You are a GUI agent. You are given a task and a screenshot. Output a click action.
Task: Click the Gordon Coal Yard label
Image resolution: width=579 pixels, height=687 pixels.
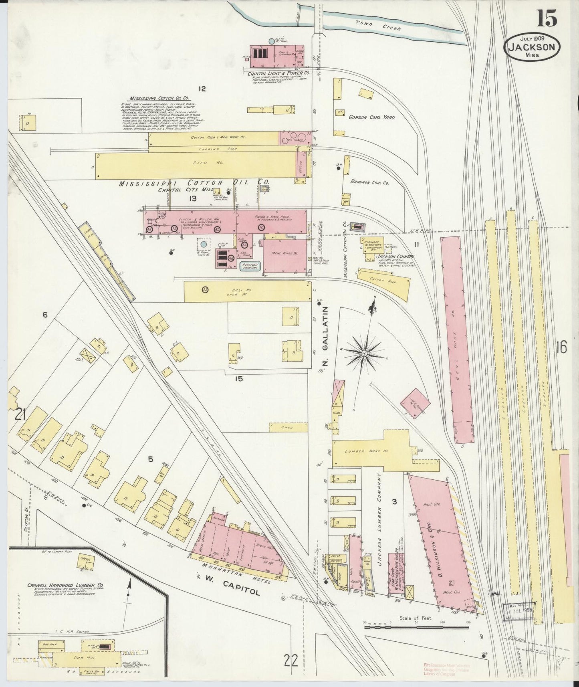pyautogui.click(x=371, y=117)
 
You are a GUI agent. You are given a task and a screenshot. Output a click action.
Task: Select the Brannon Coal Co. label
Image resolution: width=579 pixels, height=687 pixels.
pyautogui.click(x=369, y=182)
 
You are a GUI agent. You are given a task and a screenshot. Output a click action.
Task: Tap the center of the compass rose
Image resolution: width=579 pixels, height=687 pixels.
pyautogui.click(x=364, y=353)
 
